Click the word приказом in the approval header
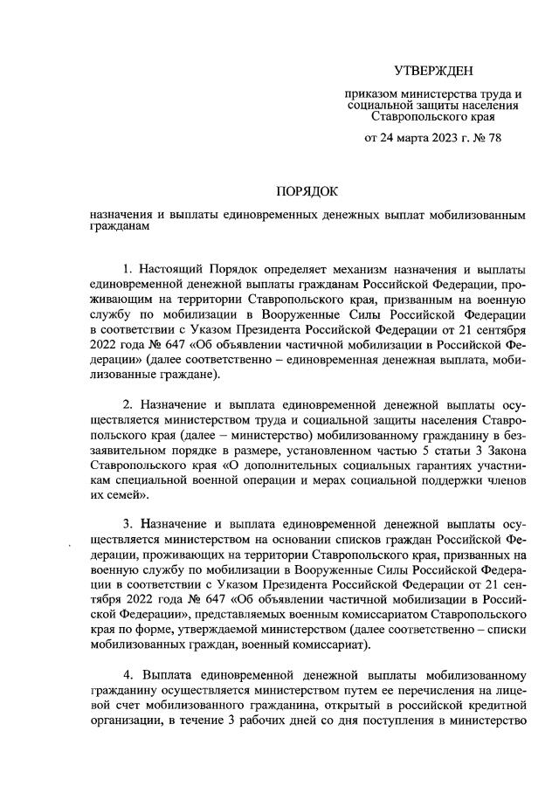[x=372, y=93]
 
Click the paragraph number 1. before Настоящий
[x=128, y=265]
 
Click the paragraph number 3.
[x=128, y=526]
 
